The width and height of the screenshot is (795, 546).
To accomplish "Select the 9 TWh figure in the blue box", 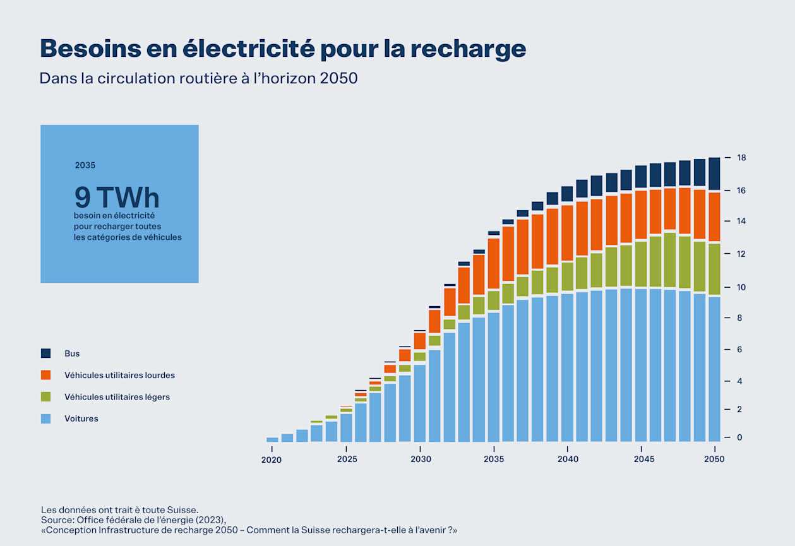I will (117, 198).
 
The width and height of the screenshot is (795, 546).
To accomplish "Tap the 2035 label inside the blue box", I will (85, 165).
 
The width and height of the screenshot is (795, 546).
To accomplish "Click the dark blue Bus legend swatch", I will (45, 353).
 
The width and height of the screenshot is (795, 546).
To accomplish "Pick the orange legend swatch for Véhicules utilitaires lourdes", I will (45, 375).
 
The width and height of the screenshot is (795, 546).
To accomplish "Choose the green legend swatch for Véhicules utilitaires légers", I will (45, 397).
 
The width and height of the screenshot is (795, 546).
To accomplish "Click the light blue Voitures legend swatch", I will (45, 418).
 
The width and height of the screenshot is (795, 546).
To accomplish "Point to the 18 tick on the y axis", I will (741, 158).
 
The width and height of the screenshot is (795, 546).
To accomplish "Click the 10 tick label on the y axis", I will (741, 287).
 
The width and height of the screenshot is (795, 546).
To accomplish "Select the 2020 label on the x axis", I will (272, 460).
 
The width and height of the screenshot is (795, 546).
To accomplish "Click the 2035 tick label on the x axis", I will (494, 460).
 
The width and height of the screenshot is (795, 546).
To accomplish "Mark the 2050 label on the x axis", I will (715, 460).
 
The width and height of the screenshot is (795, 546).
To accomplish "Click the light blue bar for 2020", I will (272, 439).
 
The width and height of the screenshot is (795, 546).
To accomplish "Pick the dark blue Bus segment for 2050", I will (714, 174).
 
